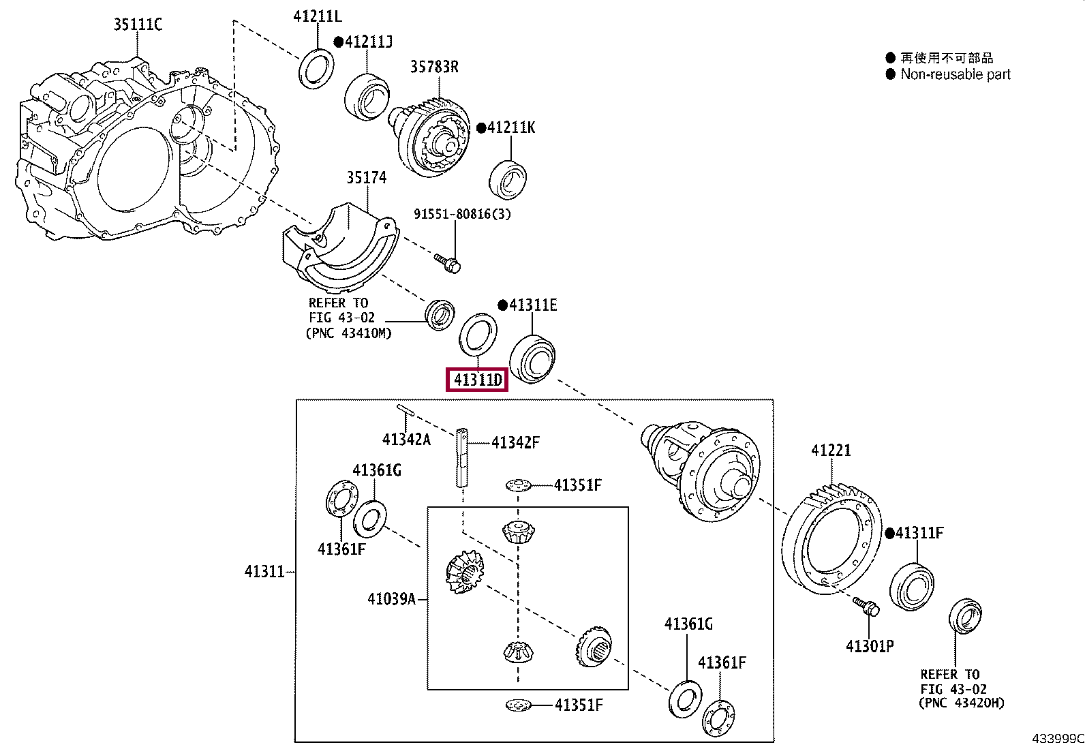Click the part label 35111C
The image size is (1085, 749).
pyautogui.click(x=138, y=25)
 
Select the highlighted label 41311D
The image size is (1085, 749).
pyautogui.click(x=476, y=380)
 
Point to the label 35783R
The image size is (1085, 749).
pyautogui.click(x=433, y=67)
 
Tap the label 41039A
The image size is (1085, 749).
pyautogui.click(x=391, y=599)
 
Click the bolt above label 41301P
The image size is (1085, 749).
pyautogui.click(x=867, y=606)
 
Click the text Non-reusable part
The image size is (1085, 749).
pyautogui.click(x=956, y=74)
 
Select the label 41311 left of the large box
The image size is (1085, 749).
pyautogui.click(x=264, y=571)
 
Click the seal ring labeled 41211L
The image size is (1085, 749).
pyautogui.click(x=317, y=68)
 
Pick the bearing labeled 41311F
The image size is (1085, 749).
pyautogui.click(x=912, y=585)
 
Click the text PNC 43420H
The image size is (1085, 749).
pyautogui.click(x=961, y=703)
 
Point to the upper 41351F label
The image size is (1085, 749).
pyautogui.click(x=578, y=485)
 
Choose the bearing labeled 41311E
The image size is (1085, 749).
pyautogui.click(x=532, y=358)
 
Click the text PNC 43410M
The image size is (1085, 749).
pyautogui.click(x=348, y=333)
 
